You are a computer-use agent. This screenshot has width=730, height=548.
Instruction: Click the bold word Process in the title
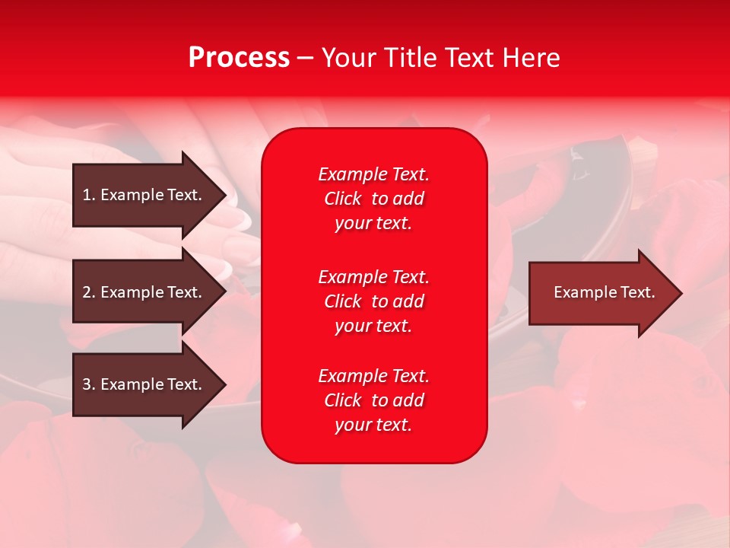239,58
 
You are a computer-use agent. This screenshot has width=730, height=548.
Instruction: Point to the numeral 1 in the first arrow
87,195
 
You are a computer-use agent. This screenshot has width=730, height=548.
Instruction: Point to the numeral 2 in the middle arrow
87,292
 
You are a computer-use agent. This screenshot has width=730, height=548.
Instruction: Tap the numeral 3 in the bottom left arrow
87,384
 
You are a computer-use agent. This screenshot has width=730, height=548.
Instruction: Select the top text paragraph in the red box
373,199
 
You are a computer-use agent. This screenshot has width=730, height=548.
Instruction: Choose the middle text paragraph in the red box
373,301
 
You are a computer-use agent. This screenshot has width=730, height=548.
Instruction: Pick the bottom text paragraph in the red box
373,400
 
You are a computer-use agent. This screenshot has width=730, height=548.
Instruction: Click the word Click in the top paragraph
343,199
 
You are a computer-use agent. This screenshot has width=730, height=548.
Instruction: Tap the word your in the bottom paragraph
352,425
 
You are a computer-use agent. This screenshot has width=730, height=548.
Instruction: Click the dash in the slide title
305,58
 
